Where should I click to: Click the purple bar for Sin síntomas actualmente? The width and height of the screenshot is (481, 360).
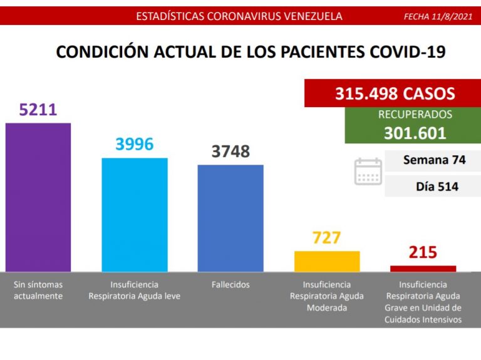click(38, 197)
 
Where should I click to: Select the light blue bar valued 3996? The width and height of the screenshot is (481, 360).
click(135, 215)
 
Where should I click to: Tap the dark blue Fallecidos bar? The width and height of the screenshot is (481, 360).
click(230, 218)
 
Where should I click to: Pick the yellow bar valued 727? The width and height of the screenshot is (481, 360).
click(327, 261)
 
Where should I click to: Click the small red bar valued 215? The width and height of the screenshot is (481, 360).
click(423, 269)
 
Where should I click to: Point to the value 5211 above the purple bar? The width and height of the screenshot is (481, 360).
click(38, 110)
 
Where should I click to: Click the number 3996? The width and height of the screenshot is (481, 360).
click(135, 145)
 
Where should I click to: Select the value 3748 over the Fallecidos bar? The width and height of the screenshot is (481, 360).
click(230, 152)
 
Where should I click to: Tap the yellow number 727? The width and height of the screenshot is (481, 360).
click(327, 238)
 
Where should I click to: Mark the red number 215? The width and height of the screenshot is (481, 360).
click(423, 253)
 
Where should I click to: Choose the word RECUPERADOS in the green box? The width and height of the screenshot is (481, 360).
click(415, 115)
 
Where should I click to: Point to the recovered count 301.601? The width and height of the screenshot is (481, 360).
click(415, 133)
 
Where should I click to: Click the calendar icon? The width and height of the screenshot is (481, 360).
click(368, 172)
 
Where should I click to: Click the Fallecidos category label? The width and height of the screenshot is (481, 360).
click(230, 285)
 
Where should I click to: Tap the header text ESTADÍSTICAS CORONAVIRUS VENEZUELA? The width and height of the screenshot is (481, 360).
click(239, 16)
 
